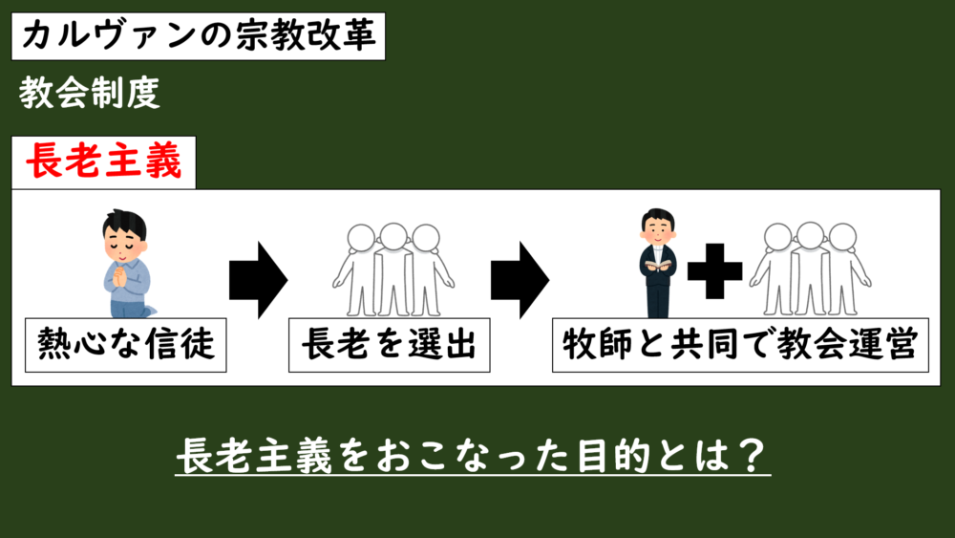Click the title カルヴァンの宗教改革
point(200,37)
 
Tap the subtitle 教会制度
point(88,93)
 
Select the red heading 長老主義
point(103,162)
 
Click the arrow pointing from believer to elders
point(257,278)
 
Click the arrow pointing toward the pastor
point(519,278)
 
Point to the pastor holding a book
point(658,263)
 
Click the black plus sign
point(715,271)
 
